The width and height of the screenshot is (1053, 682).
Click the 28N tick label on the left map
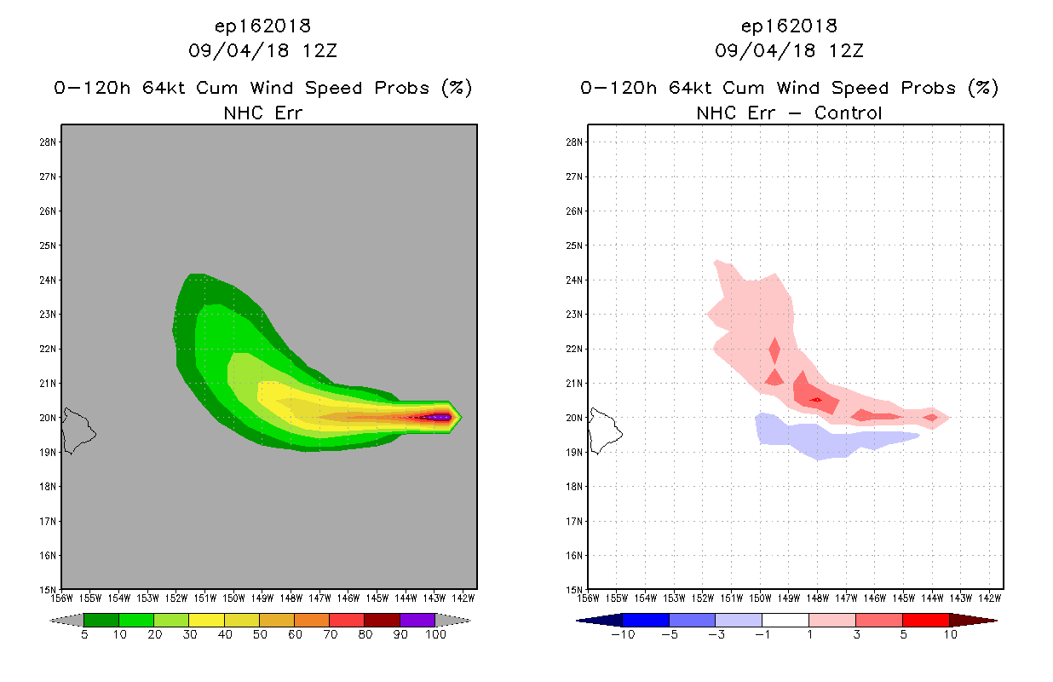pos(48,142)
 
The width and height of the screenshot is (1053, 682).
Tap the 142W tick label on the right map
pos(990,598)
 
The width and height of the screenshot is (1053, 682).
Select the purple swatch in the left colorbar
pos(417,620)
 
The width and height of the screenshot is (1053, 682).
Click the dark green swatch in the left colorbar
pos(101,620)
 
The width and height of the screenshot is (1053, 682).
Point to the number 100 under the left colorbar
pos(435,634)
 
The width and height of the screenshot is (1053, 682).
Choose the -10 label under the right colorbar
pos(623,634)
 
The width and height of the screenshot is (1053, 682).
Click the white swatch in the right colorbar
pos(785,620)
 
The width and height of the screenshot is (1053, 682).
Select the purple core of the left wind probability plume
pos(438,417)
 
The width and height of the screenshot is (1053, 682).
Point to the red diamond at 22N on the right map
pos(774,350)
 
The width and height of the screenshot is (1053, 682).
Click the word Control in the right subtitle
pos(848,113)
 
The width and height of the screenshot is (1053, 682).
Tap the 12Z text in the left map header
pos(319,50)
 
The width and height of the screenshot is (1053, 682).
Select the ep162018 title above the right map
pos(789,26)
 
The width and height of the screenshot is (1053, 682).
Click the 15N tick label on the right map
pos(574,590)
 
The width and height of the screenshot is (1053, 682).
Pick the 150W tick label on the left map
pos(233,598)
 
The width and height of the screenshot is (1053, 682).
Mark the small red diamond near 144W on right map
pos(931,417)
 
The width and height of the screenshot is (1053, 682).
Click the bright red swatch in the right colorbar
pos(926,620)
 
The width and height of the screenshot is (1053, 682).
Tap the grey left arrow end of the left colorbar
pos(66,621)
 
